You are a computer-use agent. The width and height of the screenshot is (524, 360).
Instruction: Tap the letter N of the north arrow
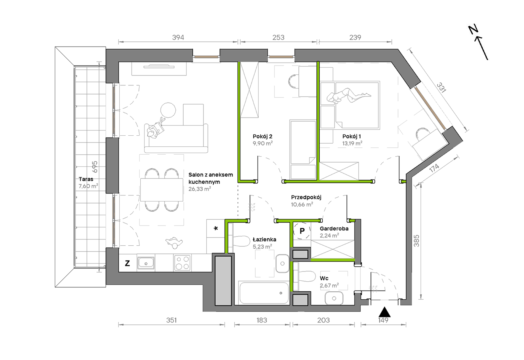pos(473,29)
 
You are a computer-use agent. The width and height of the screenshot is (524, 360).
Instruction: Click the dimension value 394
pos(178,37)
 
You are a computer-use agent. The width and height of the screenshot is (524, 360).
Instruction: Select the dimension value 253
pos(278,37)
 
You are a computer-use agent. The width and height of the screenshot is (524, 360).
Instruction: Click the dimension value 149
pos(383,320)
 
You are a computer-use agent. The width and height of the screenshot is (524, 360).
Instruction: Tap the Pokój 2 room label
pos(263,136)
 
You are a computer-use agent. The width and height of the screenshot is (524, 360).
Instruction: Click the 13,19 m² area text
pos(352,143)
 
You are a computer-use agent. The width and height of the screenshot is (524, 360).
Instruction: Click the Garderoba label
pos(334,229)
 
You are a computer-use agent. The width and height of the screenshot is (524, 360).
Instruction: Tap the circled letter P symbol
pos(302,231)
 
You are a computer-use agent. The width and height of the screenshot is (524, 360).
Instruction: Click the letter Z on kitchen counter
pos(127,263)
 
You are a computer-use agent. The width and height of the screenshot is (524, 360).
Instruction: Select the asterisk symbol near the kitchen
pos(216,228)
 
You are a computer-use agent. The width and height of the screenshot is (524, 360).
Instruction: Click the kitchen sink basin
pos(146,263)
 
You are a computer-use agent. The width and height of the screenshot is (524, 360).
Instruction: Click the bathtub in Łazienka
pos(264,293)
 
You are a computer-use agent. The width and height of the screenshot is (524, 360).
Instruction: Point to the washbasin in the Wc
pos(334,298)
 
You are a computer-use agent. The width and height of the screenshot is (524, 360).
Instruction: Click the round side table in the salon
pos(168,110)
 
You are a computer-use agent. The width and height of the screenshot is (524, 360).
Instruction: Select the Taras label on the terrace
pos(86,179)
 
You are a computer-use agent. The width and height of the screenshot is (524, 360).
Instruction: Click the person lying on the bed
pos(348,96)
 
